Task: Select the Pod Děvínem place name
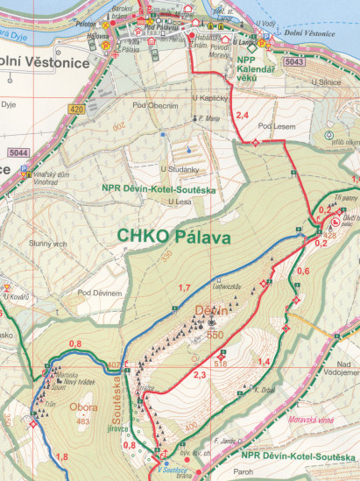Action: (x=99, y=292)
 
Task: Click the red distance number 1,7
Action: (x=184, y=288)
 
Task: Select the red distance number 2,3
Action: (x=199, y=375)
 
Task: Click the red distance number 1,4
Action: (x=263, y=362)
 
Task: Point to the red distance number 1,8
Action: (x=61, y=457)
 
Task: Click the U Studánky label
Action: (x=179, y=169)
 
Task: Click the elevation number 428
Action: (x=330, y=236)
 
